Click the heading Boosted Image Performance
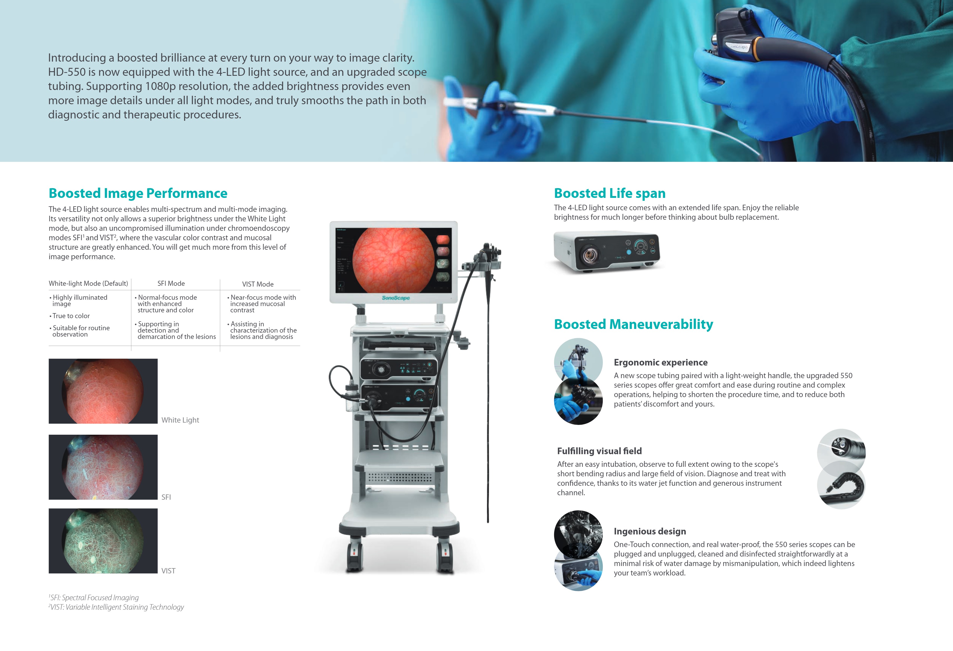pyautogui.click(x=138, y=193)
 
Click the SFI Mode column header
pyautogui.click(x=171, y=283)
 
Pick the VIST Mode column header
pyautogui.click(x=258, y=284)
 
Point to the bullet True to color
pyautogui.click(x=71, y=316)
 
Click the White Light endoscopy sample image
pyautogui.click(x=103, y=391)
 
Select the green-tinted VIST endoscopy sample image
pyautogui.click(x=103, y=541)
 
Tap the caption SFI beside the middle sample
pyautogui.click(x=166, y=497)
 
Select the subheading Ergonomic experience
pyautogui.click(x=660, y=363)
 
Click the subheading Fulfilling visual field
pyautogui.click(x=599, y=451)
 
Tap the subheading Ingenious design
pyautogui.click(x=650, y=532)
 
